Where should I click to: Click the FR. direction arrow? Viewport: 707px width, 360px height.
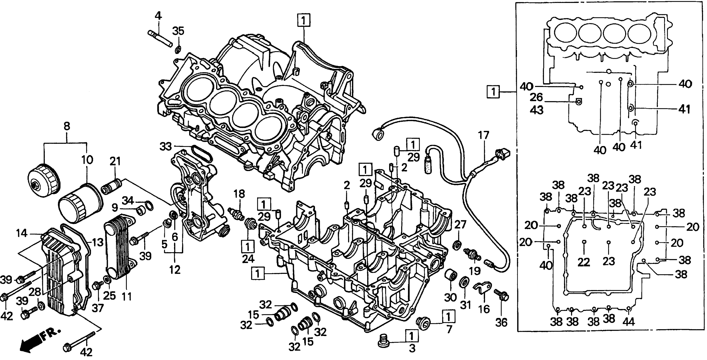click(38, 340)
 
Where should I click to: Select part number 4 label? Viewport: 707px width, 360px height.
click(158, 16)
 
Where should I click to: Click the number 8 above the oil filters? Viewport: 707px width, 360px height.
click(67, 126)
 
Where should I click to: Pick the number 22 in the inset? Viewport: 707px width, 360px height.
click(583, 262)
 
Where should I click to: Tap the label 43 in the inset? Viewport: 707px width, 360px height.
click(536, 110)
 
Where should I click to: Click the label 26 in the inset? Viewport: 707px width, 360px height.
click(536, 97)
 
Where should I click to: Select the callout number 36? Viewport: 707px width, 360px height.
click(501, 323)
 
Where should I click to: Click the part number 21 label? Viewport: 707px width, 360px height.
click(115, 161)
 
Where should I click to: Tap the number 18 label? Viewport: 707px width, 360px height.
click(239, 194)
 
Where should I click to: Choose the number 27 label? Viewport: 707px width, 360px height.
click(460, 225)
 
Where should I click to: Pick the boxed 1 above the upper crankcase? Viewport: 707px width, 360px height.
click(304, 20)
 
